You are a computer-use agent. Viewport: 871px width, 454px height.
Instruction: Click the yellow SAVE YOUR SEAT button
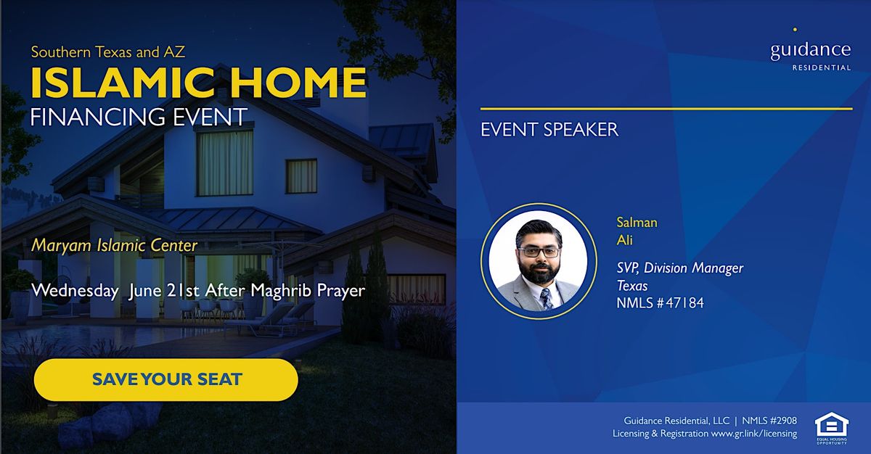pos(166,379)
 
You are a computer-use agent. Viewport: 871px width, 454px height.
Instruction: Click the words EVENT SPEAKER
pos(549,130)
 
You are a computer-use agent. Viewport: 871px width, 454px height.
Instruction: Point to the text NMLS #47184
pos(659,302)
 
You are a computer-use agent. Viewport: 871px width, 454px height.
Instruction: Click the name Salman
pos(636,223)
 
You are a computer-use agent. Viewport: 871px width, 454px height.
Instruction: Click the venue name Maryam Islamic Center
pos(114,245)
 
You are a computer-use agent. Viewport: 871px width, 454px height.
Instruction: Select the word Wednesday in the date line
pos(75,290)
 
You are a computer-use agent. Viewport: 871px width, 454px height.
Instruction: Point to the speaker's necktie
pos(546,296)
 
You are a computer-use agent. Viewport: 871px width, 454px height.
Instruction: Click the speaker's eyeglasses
pos(539,252)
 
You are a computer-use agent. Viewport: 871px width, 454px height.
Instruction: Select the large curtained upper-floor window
pos(225,153)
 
